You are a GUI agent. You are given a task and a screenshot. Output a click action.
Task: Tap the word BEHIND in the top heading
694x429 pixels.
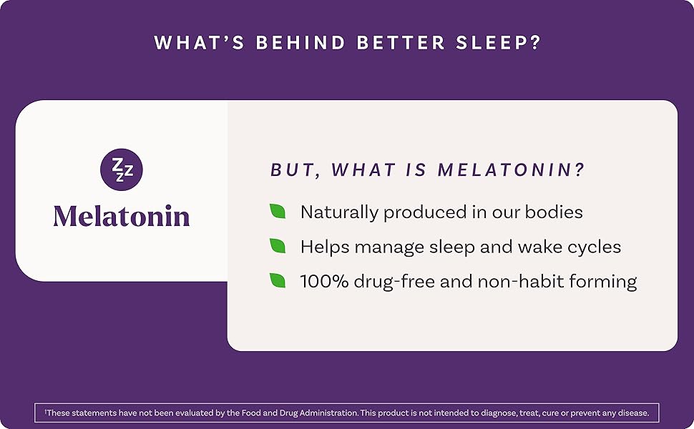click(300, 42)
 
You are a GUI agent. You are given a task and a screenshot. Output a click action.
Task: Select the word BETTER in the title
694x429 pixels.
click(401, 42)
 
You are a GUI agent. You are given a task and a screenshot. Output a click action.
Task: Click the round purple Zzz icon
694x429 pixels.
click(122, 169)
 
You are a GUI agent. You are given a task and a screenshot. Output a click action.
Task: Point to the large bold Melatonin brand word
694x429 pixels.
click(122, 216)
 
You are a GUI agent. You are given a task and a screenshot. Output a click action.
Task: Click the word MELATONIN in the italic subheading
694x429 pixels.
click(512, 170)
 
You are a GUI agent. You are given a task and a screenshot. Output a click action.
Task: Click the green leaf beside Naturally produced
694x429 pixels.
click(278, 211)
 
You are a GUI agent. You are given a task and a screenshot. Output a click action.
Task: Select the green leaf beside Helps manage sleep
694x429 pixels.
click(278, 245)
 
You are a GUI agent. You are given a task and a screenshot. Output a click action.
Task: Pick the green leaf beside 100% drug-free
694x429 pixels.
click(278, 280)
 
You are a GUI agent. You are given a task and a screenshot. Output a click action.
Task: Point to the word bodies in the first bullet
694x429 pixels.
click(554, 212)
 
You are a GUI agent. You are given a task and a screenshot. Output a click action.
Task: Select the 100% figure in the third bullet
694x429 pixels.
click(324, 281)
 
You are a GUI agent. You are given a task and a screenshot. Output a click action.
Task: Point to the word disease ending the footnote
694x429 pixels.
click(635, 413)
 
